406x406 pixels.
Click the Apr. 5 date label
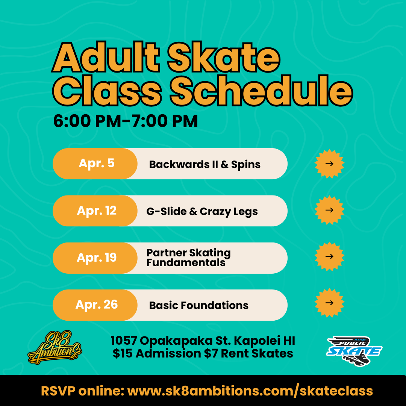pos(96,164)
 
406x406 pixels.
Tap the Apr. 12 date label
pos(97,211)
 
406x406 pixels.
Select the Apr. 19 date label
pos(97,258)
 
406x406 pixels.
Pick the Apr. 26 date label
pos(97,304)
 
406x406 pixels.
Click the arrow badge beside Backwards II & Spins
pos(329,164)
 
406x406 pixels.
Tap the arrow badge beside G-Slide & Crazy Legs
pos(329,210)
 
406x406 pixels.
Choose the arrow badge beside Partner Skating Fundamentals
pos(329,256)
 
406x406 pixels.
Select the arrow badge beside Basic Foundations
pos(329,303)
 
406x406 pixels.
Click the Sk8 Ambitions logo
pos(55,347)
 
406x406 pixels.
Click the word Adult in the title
pos(106,59)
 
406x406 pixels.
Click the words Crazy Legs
pos(229,211)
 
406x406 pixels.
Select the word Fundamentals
pos(186,262)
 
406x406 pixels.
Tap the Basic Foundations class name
pos(198,305)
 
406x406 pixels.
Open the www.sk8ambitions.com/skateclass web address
pos(250,391)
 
